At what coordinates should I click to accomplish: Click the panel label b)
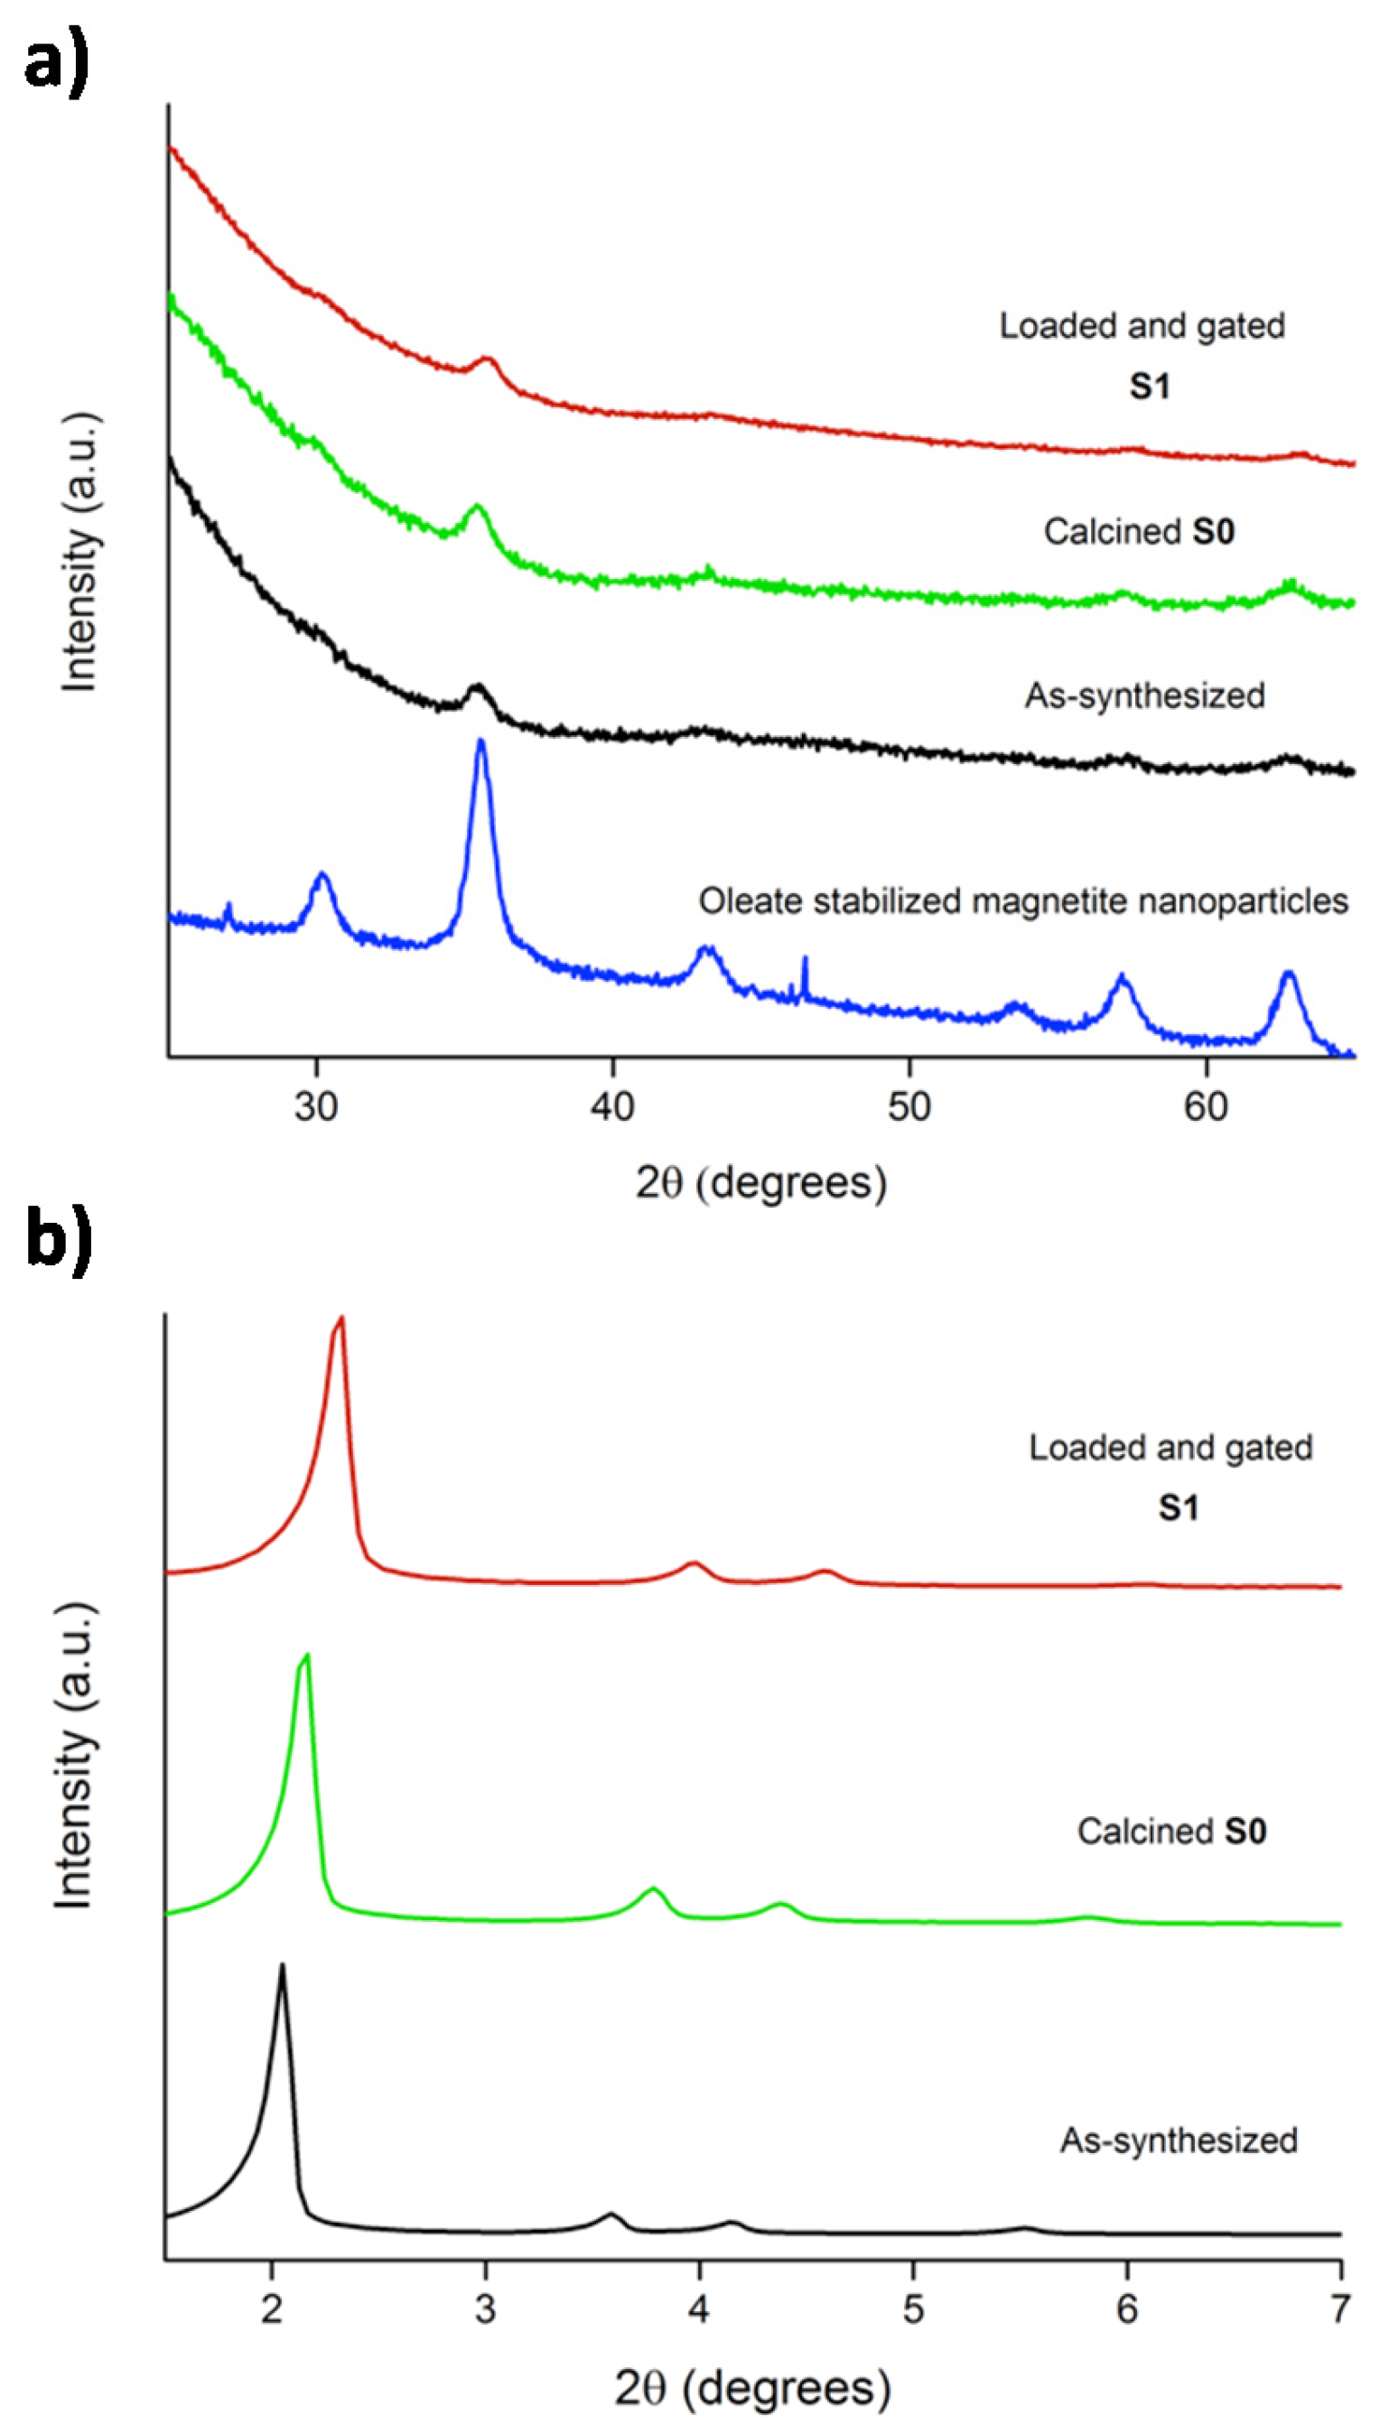pyautogui.click(x=57, y=1239)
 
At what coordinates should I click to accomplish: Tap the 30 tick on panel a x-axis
pyautogui.click(x=315, y=1106)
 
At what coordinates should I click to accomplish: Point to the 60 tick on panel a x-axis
pyautogui.click(x=1206, y=1106)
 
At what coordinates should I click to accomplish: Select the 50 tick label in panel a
pyautogui.click(x=909, y=1106)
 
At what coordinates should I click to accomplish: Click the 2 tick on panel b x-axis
pyautogui.click(x=272, y=2310)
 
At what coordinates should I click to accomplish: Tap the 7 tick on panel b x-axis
pyautogui.click(x=1339, y=2310)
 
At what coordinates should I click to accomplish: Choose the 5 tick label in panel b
pyautogui.click(x=913, y=2310)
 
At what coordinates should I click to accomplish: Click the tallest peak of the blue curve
pyautogui.click(x=481, y=743)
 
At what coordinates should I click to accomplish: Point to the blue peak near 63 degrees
pyautogui.click(x=1287, y=975)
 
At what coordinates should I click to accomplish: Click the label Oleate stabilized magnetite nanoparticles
pyautogui.click(x=1022, y=900)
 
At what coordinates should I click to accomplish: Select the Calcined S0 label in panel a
pyautogui.click(x=1138, y=532)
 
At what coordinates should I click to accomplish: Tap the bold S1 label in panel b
pyautogui.click(x=1178, y=1507)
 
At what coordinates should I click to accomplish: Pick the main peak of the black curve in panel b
pyautogui.click(x=282, y=1967)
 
